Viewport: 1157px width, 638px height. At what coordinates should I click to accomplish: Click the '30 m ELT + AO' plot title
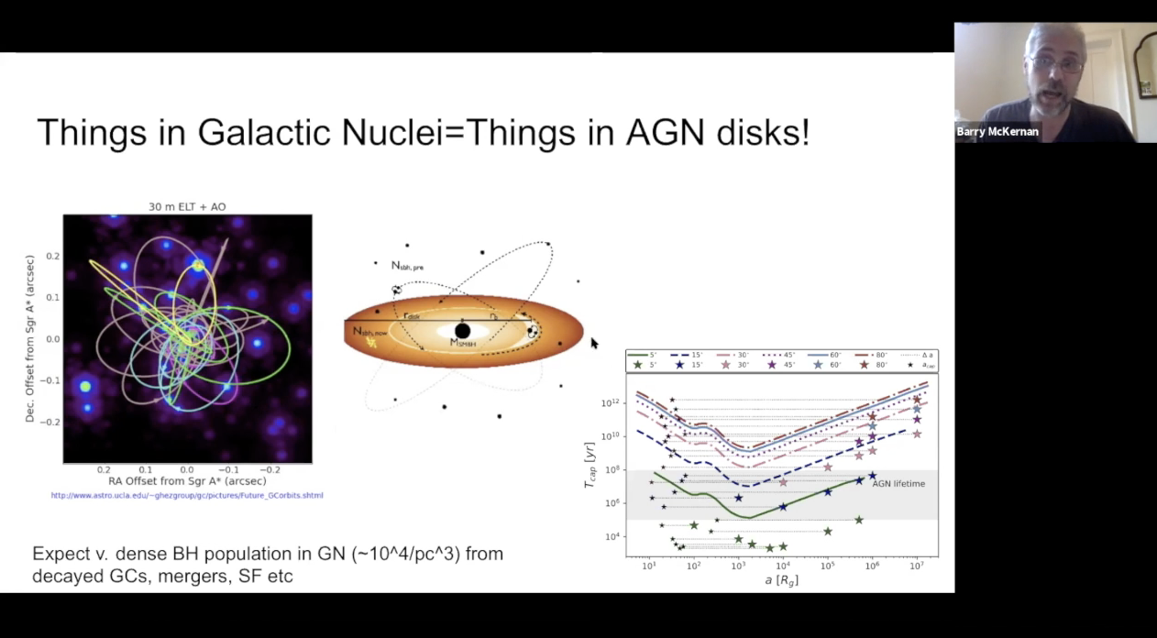pyautogui.click(x=187, y=207)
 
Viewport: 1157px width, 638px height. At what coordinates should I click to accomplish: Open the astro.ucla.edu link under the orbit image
pyautogui.click(x=187, y=496)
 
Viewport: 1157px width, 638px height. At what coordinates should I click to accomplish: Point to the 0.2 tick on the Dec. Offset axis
pyautogui.click(x=52, y=256)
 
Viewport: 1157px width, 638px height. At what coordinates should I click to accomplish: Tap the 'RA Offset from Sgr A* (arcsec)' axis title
pyautogui.click(x=187, y=481)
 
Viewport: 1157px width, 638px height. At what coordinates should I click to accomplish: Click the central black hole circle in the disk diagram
pyautogui.click(x=463, y=330)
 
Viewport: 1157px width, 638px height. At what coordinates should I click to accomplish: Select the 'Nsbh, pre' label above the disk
pyautogui.click(x=407, y=266)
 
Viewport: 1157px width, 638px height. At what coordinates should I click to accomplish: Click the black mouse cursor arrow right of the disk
pyautogui.click(x=594, y=343)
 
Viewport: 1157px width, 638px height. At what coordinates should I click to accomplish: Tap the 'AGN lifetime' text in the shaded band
pyautogui.click(x=898, y=484)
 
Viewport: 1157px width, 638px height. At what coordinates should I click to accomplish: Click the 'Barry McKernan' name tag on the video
pyautogui.click(x=997, y=132)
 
